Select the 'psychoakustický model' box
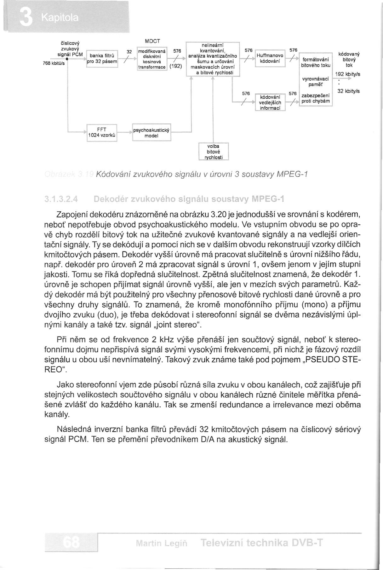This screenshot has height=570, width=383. click(x=151, y=133)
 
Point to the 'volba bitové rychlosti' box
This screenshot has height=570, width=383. click(x=213, y=152)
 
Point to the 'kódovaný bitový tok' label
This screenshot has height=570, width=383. click(x=349, y=60)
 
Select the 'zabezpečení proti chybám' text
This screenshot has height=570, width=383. click(x=315, y=98)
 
